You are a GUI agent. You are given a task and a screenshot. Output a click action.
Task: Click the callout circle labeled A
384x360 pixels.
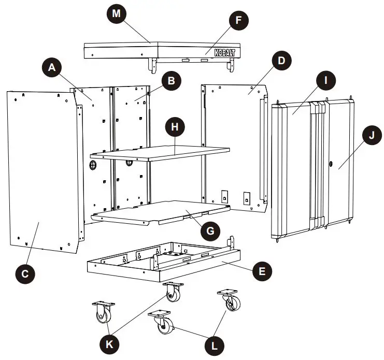click(51, 67)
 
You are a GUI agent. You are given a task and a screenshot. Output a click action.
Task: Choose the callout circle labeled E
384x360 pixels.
click(263, 270)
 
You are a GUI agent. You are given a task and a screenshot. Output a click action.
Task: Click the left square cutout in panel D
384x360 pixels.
click(224, 196)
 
